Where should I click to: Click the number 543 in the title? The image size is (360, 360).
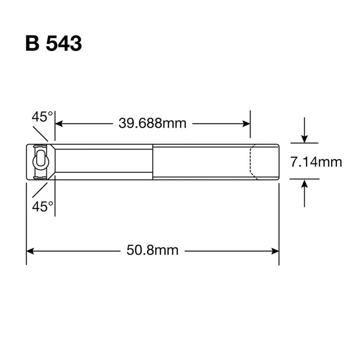[64, 44]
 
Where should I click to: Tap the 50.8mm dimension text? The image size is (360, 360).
[152, 250]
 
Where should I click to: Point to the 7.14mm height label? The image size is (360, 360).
[316, 162]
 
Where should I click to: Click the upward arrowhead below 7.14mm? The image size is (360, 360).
[305, 183]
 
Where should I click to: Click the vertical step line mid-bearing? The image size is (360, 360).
[153, 161]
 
